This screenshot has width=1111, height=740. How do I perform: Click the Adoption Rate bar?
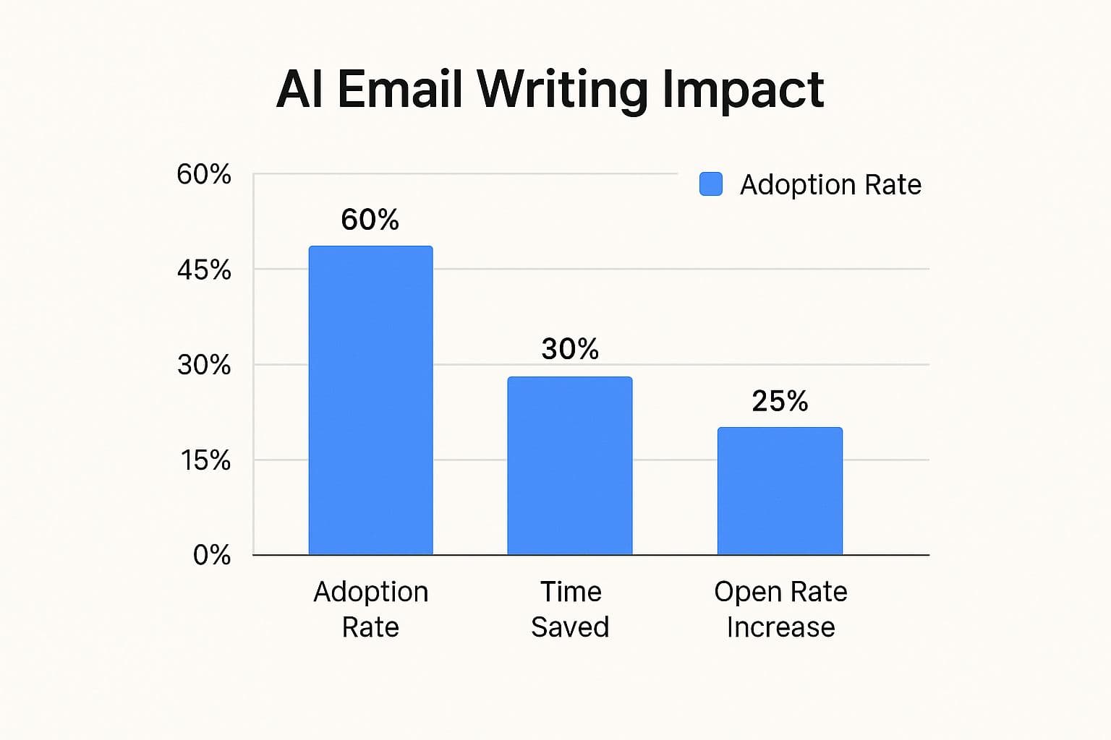click(x=370, y=400)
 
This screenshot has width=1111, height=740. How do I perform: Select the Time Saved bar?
click(x=570, y=465)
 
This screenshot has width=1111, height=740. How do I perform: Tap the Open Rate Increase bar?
click(x=780, y=491)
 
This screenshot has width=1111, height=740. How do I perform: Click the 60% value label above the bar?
click(x=370, y=220)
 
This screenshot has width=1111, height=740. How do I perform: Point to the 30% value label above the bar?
click(x=570, y=349)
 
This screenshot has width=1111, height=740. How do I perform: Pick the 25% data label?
click(x=780, y=401)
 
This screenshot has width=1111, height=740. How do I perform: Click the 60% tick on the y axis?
click(x=204, y=174)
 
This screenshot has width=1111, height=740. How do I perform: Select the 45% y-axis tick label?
click(x=204, y=270)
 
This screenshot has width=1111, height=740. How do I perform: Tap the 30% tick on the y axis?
click(x=204, y=365)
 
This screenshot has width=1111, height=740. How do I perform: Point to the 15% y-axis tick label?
click(x=205, y=460)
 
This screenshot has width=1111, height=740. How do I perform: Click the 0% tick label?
click(x=211, y=555)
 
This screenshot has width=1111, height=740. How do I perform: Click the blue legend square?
click(x=711, y=184)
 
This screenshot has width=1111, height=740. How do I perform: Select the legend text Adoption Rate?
click(x=830, y=185)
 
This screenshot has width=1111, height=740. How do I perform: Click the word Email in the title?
click(x=399, y=90)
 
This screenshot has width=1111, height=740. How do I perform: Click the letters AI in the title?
click(x=299, y=90)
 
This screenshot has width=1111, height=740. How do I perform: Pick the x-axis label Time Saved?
click(x=570, y=609)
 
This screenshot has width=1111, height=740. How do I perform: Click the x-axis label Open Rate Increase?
click(x=780, y=609)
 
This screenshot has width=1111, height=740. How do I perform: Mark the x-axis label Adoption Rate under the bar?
click(x=370, y=609)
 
